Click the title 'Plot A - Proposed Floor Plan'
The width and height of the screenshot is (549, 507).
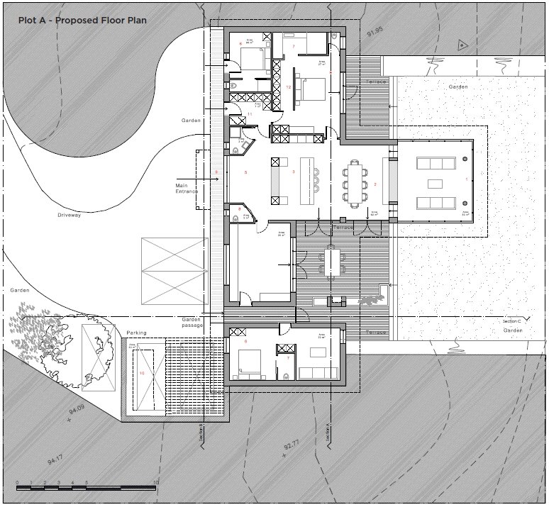click(83, 21)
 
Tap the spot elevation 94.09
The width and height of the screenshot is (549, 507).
click(76, 409)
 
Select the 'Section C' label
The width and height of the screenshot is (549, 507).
click(511, 321)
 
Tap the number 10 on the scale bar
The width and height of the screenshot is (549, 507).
click(155, 482)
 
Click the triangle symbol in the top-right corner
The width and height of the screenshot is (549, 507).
click(462, 45)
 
